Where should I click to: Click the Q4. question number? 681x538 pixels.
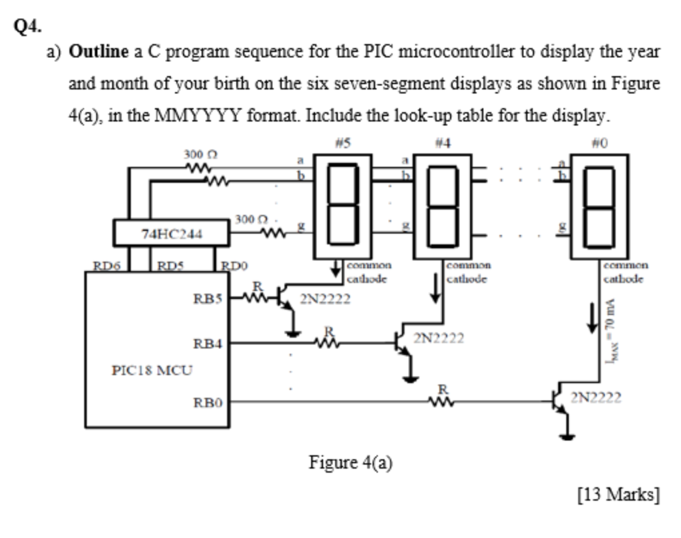click(27, 26)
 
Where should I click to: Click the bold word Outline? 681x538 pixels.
click(98, 51)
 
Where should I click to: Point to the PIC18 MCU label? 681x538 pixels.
click(150, 368)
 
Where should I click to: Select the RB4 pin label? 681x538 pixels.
click(206, 344)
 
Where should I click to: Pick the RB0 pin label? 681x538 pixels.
click(206, 402)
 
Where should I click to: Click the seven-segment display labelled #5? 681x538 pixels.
click(340, 206)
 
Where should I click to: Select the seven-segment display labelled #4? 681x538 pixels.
click(441, 206)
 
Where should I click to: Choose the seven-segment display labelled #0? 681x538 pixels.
click(599, 206)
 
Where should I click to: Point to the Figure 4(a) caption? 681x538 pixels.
click(350, 462)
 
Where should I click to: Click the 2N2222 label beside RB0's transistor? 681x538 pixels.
click(596, 398)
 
